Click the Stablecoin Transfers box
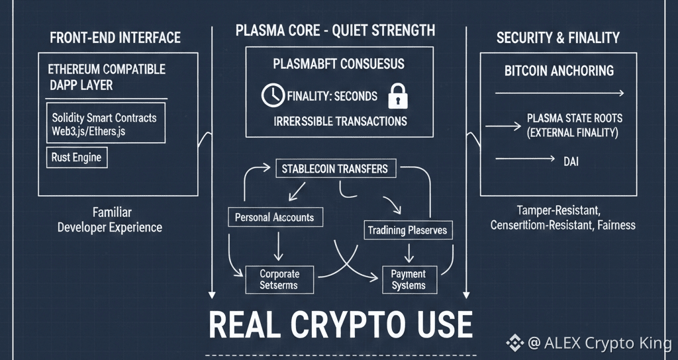[x=335, y=168]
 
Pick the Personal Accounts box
[x=274, y=216]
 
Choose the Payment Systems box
[x=409, y=279]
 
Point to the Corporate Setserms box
[x=279, y=279]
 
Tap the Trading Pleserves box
[x=407, y=230]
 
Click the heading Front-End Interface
[x=115, y=38]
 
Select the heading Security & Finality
[x=557, y=38]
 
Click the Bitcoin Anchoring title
[x=559, y=71]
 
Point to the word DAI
[x=569, y=160]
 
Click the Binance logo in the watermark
[x=514, y=342]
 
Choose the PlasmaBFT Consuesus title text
[x=338, y=65]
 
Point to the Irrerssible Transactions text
[x=340, y=121]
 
